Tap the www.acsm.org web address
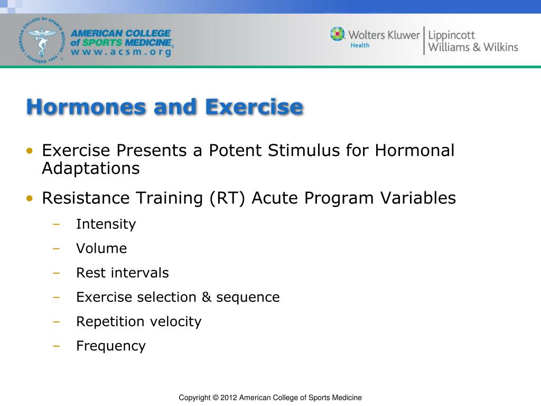pos(121,52)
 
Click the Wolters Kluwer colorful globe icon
pos(337,34)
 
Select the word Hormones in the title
pos(87,107)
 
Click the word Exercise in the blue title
pos(254,107)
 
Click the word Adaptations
pos(91,169)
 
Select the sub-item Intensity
pos(106,224)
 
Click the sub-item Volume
pos(101,248)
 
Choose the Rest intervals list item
pos(123,273)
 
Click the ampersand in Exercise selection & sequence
pos(207,297)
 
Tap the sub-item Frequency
pos(111,346)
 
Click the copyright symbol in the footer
pos(216,398)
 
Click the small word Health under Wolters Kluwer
pos(360,45)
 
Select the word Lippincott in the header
pos(451,35)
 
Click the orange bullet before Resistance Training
pos(30,198)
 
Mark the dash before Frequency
pos(56,346)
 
